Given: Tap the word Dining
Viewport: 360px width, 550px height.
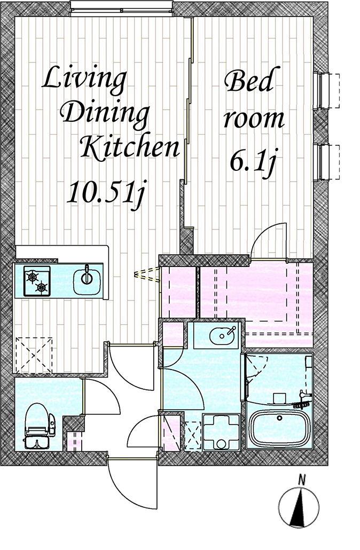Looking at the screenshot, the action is [x=105, y=114].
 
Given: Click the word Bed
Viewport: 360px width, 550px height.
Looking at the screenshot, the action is [x=249, y=80].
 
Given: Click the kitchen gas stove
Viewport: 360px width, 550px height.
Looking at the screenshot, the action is [x=37, y=281].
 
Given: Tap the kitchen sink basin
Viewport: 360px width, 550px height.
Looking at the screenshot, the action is [x=87, y=279].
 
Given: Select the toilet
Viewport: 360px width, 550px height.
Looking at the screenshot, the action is [x=38, y=426].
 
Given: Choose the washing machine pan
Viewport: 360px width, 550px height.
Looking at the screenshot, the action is [x=222, y=432].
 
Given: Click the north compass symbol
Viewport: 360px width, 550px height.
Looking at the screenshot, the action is [x=299, y=507].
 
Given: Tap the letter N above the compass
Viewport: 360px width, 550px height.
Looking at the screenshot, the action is [x=301, y=480].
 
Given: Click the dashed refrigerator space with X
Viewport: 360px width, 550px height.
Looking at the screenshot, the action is [x=34, y=355].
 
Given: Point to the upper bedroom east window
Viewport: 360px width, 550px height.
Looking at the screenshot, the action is [x=326, y=90].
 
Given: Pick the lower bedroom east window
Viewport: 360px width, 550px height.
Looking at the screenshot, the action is [x=326, y=162].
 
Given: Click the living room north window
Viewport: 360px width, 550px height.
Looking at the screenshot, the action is [x=121, y=9].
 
